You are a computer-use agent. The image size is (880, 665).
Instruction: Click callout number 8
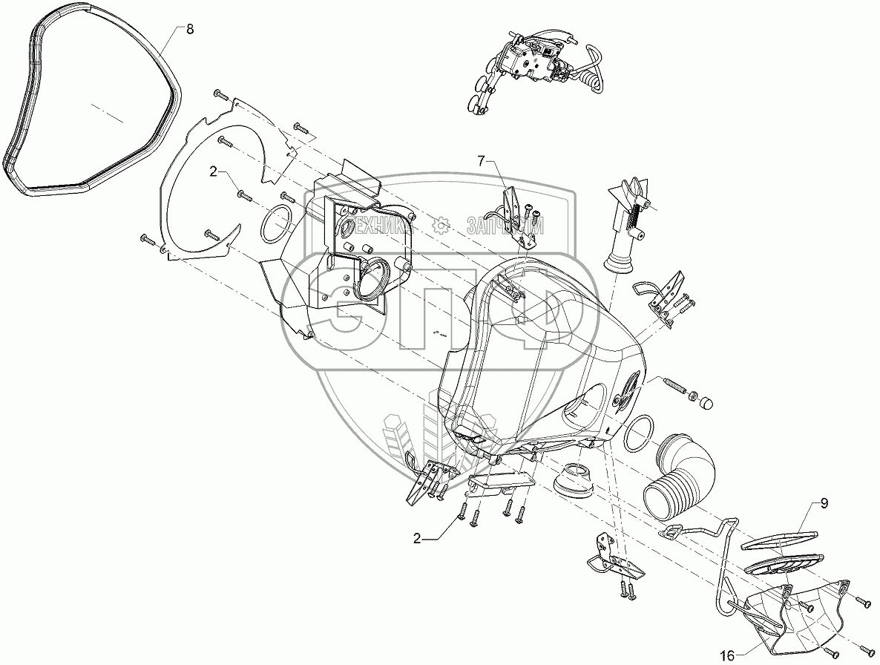(189, 30)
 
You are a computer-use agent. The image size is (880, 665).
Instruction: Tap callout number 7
(481, 160)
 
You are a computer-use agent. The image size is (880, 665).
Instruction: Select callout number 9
(824, 505)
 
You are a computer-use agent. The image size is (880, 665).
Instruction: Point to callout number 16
(727, 655)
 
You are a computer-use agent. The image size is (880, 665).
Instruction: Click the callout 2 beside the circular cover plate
(213, 172)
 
